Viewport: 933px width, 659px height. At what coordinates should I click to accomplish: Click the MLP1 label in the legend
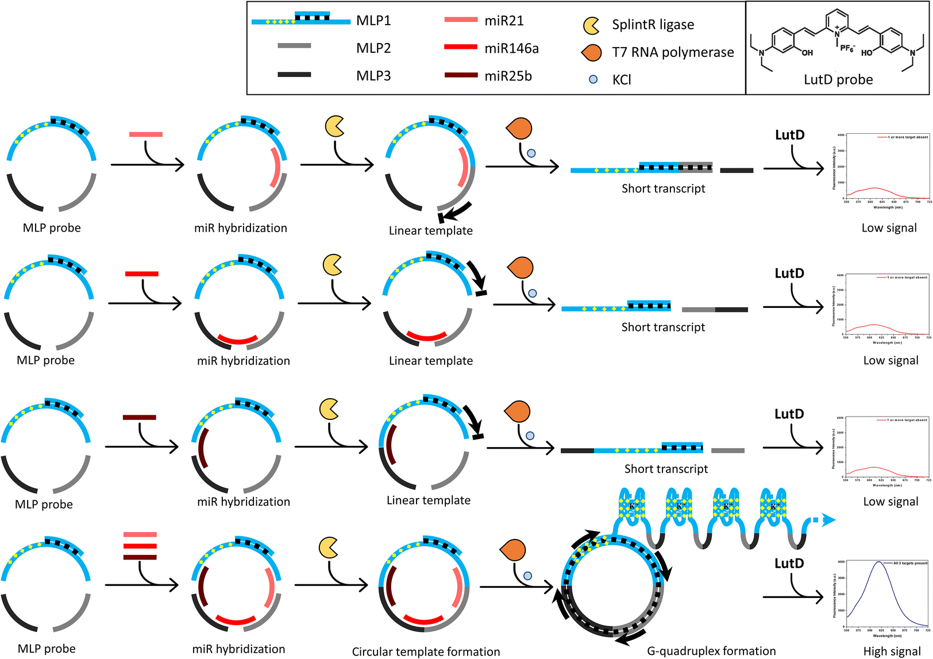pyautogui.click(x=373, y=21)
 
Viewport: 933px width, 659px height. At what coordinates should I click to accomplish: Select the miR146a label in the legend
pyautogui.click(x=511, y=48)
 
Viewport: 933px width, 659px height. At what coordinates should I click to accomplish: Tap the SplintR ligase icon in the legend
pyautogui.click(x=591, y=25)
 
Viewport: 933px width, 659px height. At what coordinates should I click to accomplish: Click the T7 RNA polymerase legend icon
pyautogui.click(x=591, y=53)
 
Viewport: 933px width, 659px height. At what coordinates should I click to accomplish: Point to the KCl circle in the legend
pyautogui.click(x=593, y=79)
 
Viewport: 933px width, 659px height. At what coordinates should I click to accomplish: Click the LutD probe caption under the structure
pyautogui.click(x=838, y=80)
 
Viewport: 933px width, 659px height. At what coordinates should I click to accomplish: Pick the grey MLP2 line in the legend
pyautogui.click(x=294, y=46)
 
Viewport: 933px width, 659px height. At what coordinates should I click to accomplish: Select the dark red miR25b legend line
pyautogui.click(x=461, y=75)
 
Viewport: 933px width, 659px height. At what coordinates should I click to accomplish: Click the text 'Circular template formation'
pyautogui.click(x=426, y=652)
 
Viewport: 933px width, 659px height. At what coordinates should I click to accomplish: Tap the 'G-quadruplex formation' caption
pyautogui.click(x=711, y=651)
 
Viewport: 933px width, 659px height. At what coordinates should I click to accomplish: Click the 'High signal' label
pyautogui.click(x=892, y=651)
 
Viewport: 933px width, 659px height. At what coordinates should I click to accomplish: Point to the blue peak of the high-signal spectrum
pyautogui.click(x=878, y=562)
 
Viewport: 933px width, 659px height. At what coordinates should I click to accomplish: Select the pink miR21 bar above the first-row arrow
pyautogui.click(x=146, y=134)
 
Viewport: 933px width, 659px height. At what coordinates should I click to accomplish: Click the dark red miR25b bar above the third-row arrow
pyautogui.click(x=139, y=418)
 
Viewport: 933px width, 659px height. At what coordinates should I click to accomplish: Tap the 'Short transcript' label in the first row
pyautogui.click(x=663, y=188)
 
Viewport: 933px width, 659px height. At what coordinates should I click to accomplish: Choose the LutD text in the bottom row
pyautogui.click(x=789, y=564)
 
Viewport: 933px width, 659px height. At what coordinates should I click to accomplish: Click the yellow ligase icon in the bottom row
pyautogui.click(x=328, y=547)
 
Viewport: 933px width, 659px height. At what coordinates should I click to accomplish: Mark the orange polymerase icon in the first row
pyautogui.click(x=519, y=129)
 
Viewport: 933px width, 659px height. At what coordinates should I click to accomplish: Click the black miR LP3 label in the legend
pyautogui.click(x=373, y=76)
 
